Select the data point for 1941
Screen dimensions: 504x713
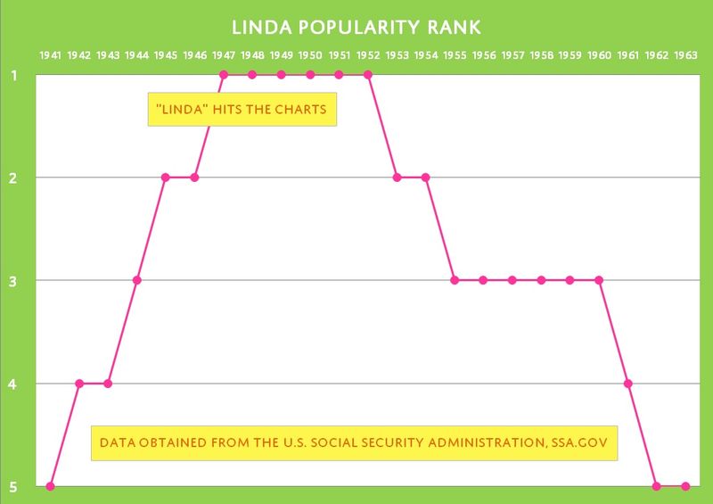[51, 486]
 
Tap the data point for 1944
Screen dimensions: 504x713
[137, 280]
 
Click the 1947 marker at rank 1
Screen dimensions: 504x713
[224, 75]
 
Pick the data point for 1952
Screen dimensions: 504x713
[368, 75]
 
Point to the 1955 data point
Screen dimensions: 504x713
[455, 280]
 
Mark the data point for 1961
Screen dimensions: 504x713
[628, 384]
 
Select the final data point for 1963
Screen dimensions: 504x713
[685, 486]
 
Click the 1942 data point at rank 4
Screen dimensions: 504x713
[79, 384]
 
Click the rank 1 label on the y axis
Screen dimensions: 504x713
[13, 76]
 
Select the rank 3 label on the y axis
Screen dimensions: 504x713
[13, 281]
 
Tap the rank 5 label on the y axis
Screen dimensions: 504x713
[13, 486]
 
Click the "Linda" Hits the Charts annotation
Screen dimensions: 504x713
[242, 112]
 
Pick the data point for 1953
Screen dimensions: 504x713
[397, 178]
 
